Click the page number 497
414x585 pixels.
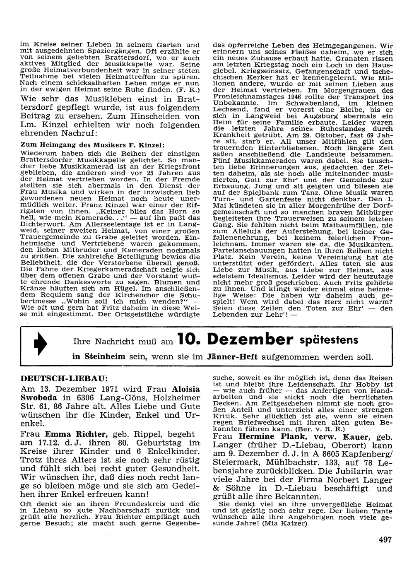point(385,539)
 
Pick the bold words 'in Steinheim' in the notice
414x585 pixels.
point(98,357)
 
